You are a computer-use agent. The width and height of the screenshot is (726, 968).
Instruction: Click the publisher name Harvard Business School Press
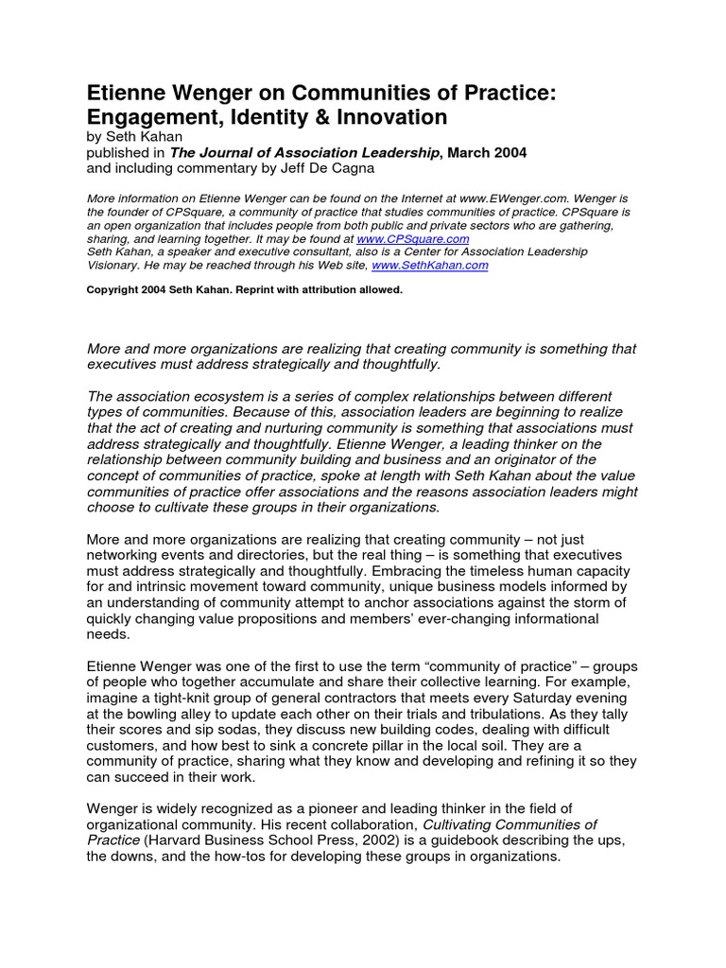point(248,840)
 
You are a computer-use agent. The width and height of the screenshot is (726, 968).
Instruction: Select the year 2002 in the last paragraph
point(388,840)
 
